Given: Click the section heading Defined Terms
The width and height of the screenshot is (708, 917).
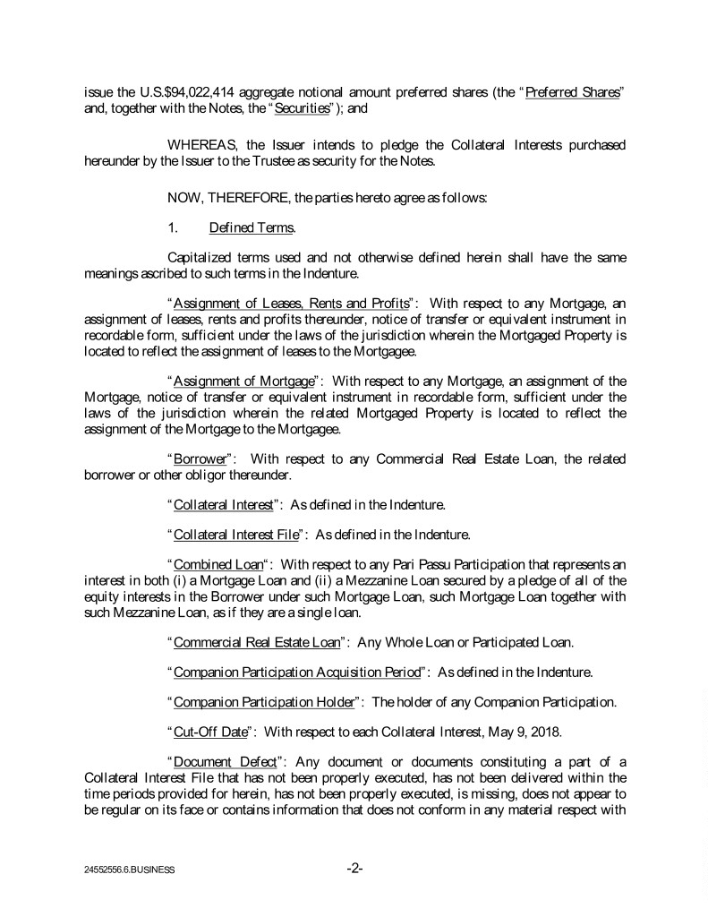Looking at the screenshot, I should [x=244, y=227].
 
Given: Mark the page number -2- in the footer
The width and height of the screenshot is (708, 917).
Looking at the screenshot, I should [x=354, y=868].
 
